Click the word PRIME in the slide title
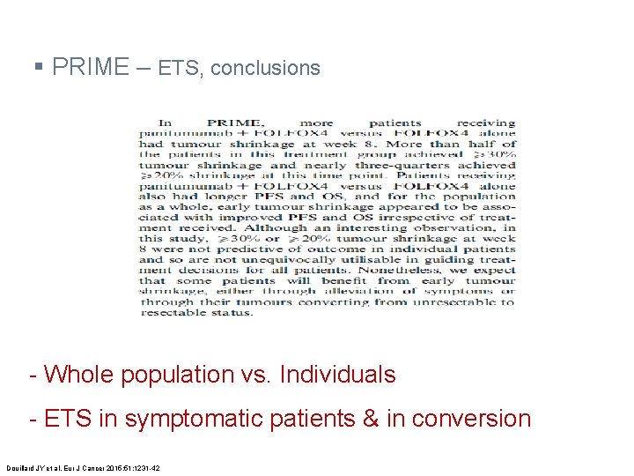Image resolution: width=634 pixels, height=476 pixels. coord(91,67)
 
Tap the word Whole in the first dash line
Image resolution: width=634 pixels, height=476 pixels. coord(80,375)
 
